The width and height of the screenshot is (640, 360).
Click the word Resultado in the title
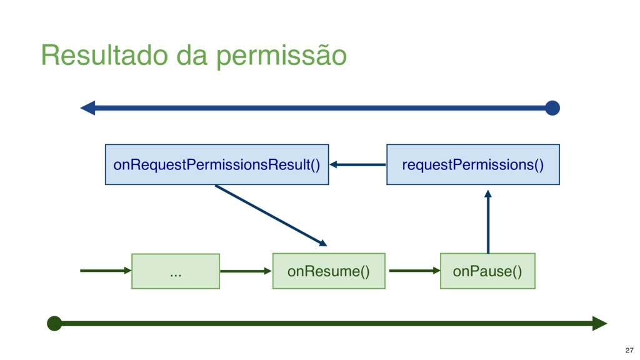[104, 55]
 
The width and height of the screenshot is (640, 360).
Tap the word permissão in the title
[282, 56]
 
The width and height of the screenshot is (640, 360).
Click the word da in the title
[192, 55]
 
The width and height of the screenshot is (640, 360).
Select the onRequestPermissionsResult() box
[217, 164]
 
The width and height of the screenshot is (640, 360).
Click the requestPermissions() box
[473, 164]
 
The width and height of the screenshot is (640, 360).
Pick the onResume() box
[329, 271]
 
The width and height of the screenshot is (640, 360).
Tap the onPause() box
[487, 271]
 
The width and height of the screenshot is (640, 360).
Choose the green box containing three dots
[176, 271]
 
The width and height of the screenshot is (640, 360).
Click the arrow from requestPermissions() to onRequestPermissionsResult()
[357, 164]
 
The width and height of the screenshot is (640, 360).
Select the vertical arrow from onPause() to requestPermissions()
[487, 222]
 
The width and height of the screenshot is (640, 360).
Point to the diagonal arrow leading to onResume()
[271, 216]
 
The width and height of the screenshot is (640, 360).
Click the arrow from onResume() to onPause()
[415, 271]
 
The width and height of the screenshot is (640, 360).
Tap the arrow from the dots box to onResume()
[246, 271]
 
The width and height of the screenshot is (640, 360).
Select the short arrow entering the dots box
[106, 271]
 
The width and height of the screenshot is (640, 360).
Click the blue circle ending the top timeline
[552, 108]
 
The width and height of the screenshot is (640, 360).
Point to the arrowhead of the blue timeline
[87, 108]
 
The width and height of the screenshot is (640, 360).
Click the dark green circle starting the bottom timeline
[54, 324]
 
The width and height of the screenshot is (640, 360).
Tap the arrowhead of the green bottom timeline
[600, 324]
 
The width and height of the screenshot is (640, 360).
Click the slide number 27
[629, 350]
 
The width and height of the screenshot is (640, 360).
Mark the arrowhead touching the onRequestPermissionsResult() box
[333, 164]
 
